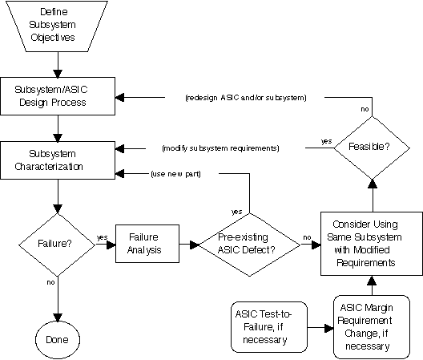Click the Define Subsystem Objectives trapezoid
coord(57,26)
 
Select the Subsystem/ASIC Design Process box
coord(58,96)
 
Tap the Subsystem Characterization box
coord(58,160)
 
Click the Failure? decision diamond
coord(57,245)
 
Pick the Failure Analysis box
coord(147,244)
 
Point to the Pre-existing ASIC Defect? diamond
coord(249,245)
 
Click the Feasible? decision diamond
coord(373,148)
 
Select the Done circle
coord(58,340)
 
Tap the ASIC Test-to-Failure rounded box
coord(269,327)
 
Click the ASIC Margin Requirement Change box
coord(372,327)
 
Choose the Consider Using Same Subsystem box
coord(372,244)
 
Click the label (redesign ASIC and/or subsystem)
coord(246,98)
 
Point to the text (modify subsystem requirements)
coord(220,148)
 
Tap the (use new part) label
coord(176,174)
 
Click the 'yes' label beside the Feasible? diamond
coord(326,141)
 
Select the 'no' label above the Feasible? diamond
coord(365,109)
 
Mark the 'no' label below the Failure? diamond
coord(50,282)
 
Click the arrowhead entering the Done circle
coord(58,318)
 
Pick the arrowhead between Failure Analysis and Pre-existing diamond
coord(195,245)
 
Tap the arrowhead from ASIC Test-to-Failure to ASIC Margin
coord(329,328)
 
